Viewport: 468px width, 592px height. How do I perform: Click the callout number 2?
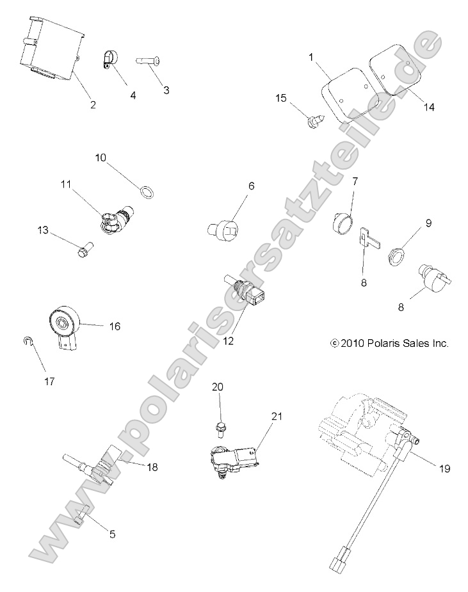[x=93, y=104]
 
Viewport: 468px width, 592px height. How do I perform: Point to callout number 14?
[x=429, y=107]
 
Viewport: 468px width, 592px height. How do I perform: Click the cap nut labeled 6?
[x=224, y=228]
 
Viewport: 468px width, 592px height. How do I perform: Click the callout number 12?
[x=229, y=340]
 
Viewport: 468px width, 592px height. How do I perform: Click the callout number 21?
[x=276, y=417]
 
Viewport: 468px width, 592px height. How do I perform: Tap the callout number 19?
[x=445, y=468]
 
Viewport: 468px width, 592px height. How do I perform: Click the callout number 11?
[x=65, y=184]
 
